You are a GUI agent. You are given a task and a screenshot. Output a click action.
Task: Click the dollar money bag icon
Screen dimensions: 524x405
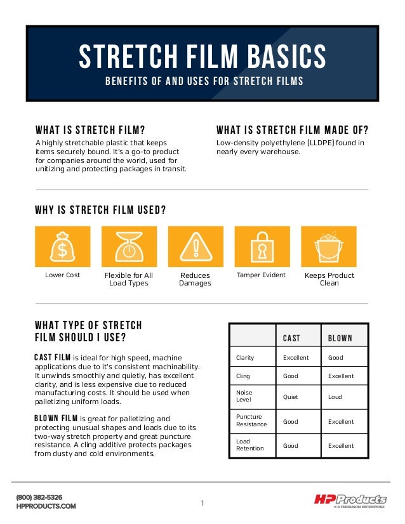pyautogui.click(x=62, y=247)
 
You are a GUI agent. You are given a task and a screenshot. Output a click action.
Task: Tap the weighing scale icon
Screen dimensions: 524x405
pyautogui.click(x=129, y=247)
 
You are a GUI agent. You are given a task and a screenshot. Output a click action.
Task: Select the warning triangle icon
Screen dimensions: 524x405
pyautogui.click(x=196, y=247)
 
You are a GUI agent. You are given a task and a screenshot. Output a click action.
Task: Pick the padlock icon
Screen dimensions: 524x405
pyautogui.click(x=262, y=247)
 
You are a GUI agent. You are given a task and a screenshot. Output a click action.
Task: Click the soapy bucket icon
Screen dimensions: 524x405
pyautogui.click(x=328, y=247)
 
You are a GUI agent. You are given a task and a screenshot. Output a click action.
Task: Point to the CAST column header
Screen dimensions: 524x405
pyautogui.click(x=291, y=338)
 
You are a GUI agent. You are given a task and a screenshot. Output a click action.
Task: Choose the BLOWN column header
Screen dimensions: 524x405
pyautogui.click(x=340, y=338)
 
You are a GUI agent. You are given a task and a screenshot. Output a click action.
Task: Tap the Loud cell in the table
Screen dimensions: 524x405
pyautogui.click(x=335, y=397)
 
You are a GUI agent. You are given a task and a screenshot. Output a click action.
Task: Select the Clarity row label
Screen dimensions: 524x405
pyautogui.click(x=245, y=358)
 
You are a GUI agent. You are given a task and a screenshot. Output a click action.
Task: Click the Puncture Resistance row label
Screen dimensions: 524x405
pyautogui.click(x=251, y=421)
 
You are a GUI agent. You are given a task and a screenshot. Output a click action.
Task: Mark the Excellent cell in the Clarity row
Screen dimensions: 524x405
pyautogui.click(x=296, y=358)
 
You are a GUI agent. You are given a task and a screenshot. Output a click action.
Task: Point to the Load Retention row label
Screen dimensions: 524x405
pyautogui.click(x=251, y=445)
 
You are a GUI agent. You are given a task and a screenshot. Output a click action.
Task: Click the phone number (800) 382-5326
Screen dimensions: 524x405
pyautogui.click(x=39, y=497)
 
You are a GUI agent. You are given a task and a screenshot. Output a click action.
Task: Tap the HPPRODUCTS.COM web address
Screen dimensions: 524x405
pyautogui.click(x=46, y=506)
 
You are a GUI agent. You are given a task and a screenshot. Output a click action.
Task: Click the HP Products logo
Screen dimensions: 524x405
pyautogui.click(x=350, y=500)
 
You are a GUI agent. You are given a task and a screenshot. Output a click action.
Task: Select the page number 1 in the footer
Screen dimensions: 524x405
pyautogui.click(x=202, y=504)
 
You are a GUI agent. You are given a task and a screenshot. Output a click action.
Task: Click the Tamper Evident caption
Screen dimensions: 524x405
pyautogui.click(x=261, y=275)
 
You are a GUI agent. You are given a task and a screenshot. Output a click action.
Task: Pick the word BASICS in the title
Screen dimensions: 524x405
pyautogui.click(x=277, y=58)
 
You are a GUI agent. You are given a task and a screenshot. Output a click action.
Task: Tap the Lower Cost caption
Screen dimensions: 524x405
pyautogui.click(x=62, y=275)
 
